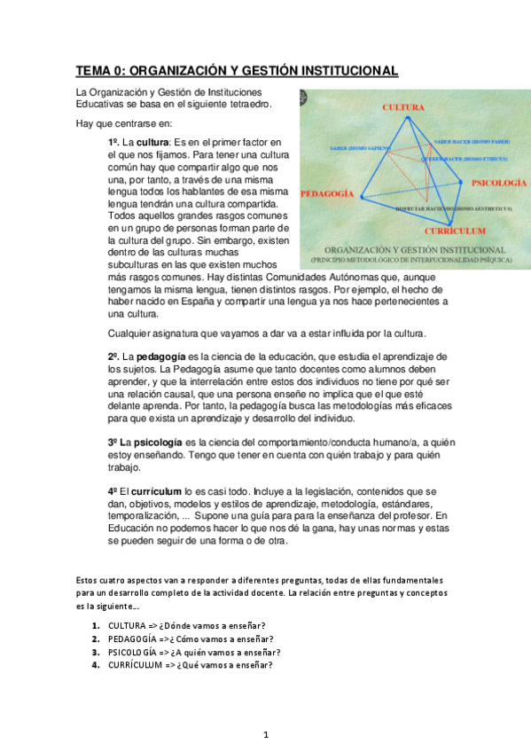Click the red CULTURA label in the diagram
pyautogui.click(x=403, y=106)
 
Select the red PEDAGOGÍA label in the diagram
pyautogui.click(x=327, y=193)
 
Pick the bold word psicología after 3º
pyautogui.click(x=156, y=442)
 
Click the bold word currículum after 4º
pyautogui.click(x=155, y=490)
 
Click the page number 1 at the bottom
pyautogui.click(x=266, y=734)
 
